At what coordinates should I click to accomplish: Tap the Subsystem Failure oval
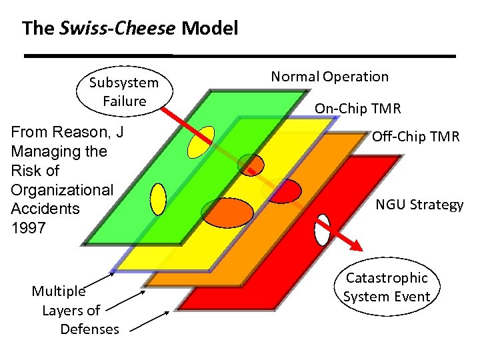(124, 92)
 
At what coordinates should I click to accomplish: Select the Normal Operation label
(329, 77)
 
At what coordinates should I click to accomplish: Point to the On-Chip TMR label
(357, 108)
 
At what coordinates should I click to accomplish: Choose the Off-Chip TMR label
(415, 137)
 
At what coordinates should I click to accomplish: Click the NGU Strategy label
(419, 205)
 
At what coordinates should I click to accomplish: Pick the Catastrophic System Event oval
(387, 287)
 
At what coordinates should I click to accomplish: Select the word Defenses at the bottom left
(89, 329)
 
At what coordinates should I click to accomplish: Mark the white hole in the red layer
(323, 229)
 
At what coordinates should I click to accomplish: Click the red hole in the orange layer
(284, 191)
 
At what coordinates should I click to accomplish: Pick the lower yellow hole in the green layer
(158, 199)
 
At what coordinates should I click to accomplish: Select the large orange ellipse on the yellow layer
(228, 213)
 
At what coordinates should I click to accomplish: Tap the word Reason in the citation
(84, 132)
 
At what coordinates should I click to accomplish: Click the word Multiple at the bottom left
(59, 291)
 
